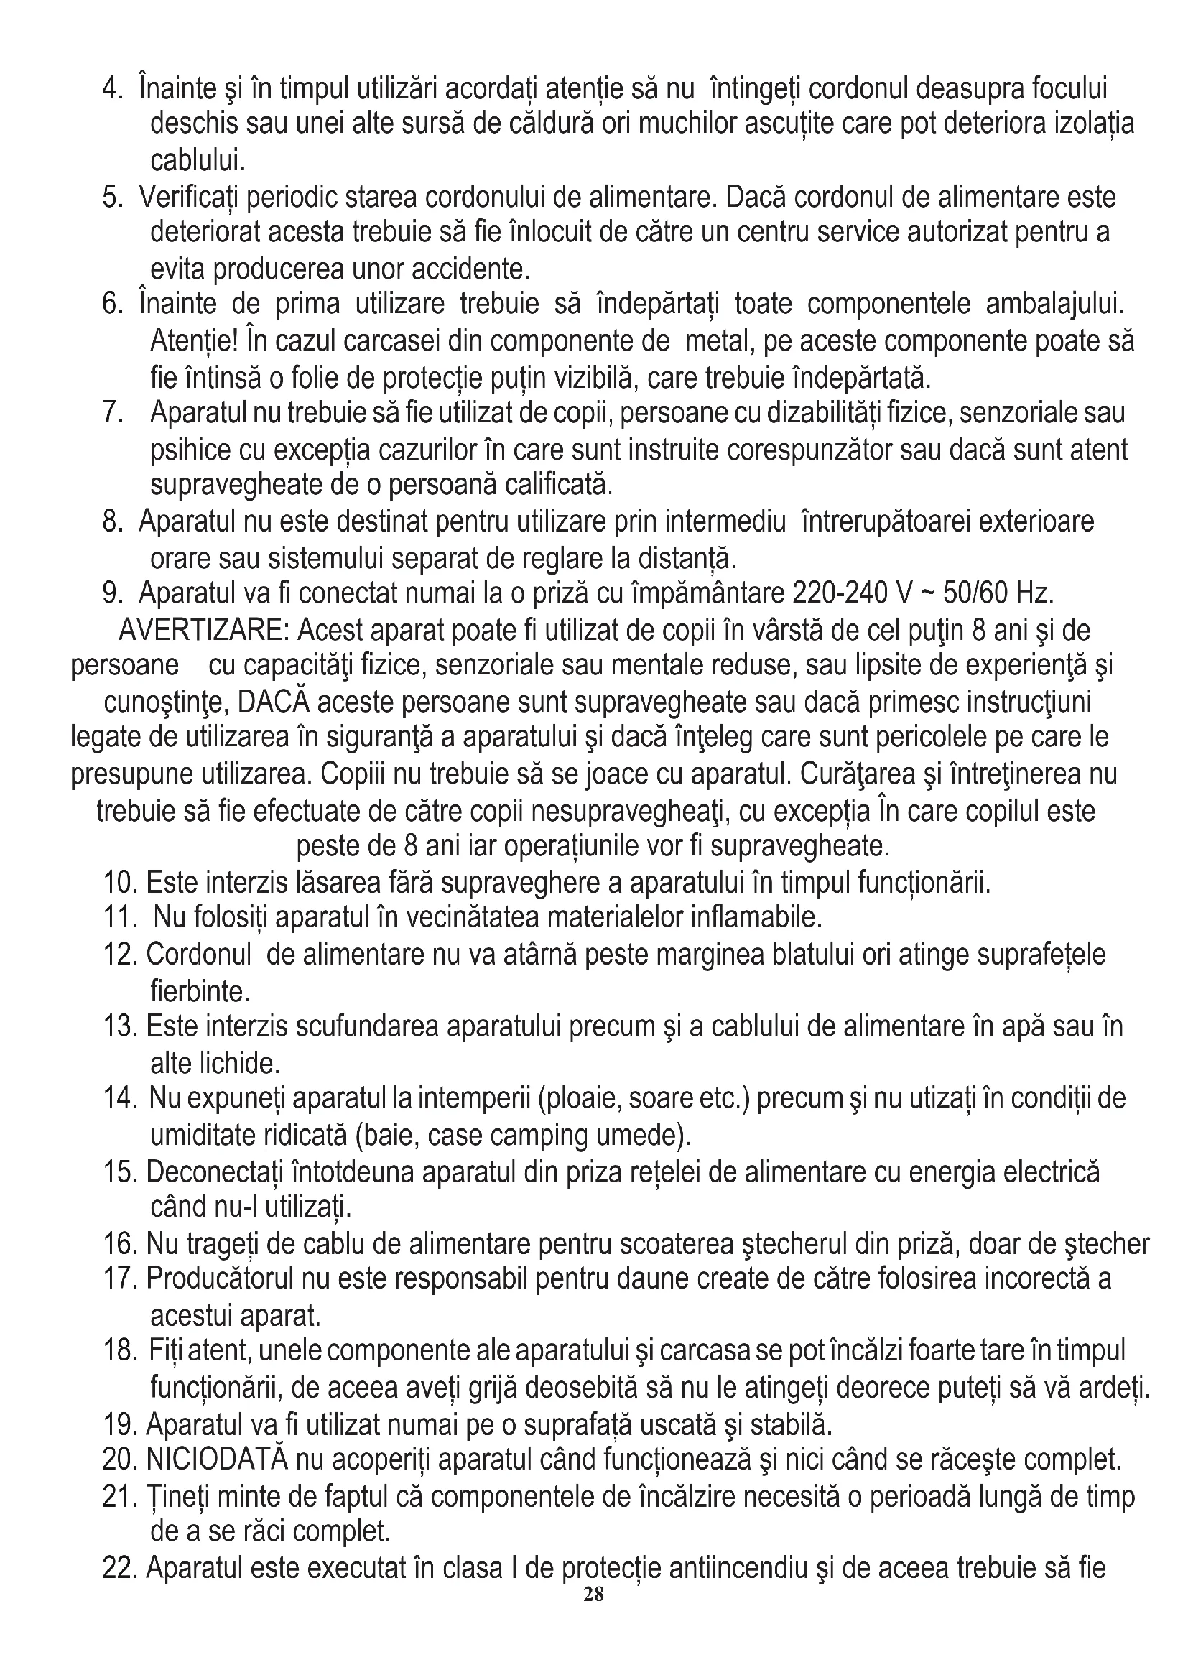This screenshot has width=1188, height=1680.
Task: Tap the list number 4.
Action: [x=112, y=89]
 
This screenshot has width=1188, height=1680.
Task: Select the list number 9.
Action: [x=113, y=593]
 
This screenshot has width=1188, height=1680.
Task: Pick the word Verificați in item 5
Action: [x=190, y=198]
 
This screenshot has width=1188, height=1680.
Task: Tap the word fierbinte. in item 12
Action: [x=200, y=991]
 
